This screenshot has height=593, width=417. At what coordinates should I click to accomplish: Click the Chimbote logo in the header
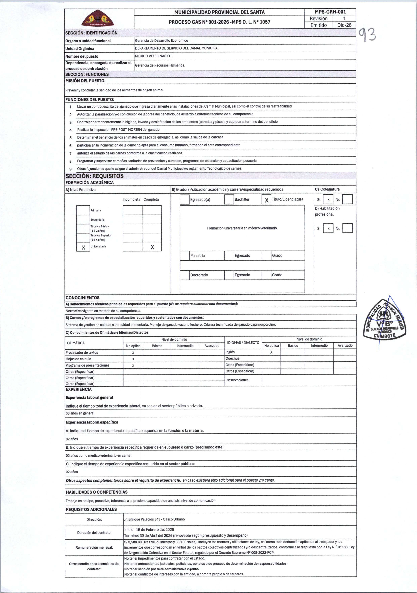click(98, 19)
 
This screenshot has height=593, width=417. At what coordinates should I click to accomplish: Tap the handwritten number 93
click(366, 35)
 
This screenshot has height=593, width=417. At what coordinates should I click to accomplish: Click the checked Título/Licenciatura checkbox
click(266, 200)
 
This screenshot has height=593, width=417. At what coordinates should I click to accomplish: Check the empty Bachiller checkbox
click(229, 199)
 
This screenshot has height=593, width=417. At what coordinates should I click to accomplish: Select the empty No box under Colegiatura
click(347, 199)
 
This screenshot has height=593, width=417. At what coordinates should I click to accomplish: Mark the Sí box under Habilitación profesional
click(328, 228)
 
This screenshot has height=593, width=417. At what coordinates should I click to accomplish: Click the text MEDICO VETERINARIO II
click(154, 56)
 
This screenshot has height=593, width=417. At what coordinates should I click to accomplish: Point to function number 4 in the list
click(70, 130)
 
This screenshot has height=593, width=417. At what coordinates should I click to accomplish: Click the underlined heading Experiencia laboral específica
click(92, 422)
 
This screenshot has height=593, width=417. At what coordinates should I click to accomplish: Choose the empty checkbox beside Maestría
click(185, 256)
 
